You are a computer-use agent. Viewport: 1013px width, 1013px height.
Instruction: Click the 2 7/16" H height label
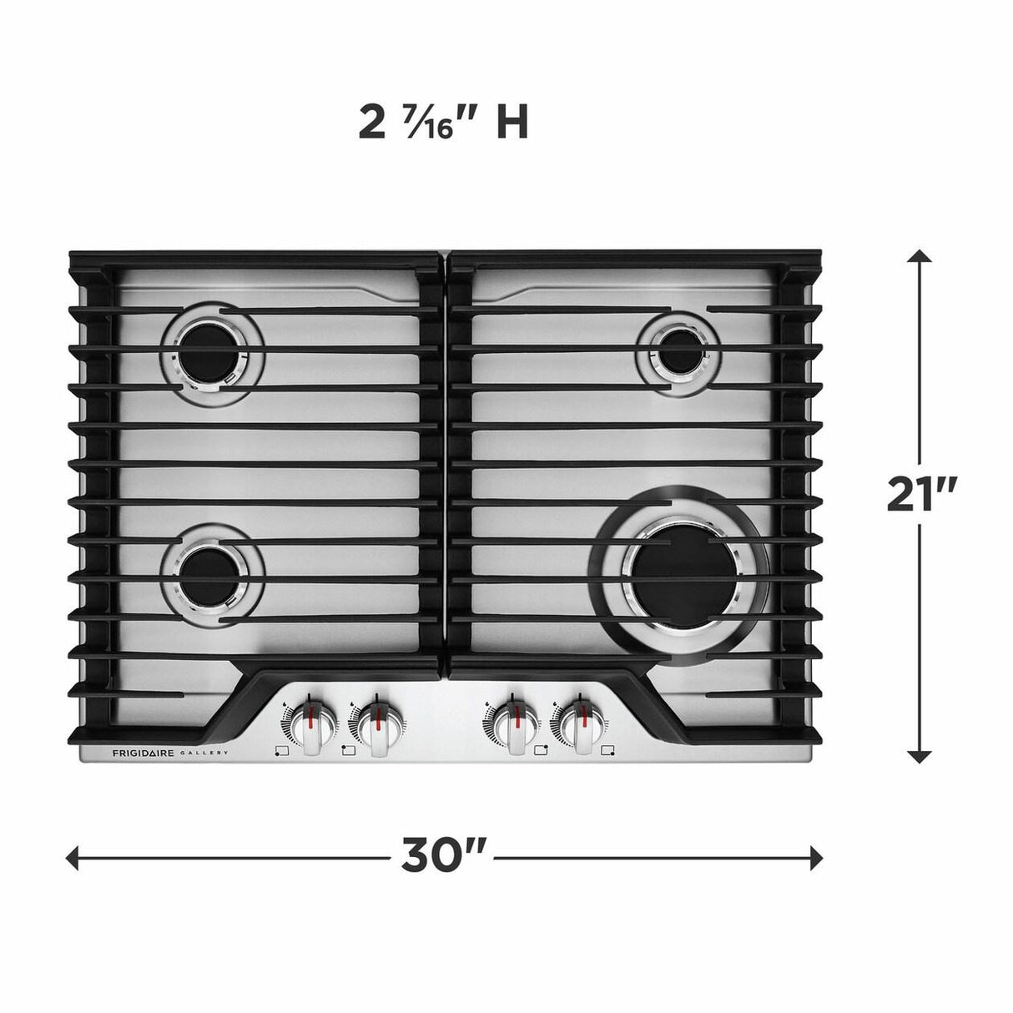(443, 123)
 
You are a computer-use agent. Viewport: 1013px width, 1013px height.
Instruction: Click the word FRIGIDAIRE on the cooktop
(143, 753)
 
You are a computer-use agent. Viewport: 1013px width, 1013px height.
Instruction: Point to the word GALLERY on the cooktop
(204, 753)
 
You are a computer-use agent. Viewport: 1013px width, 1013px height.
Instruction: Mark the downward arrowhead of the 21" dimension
(920, 756)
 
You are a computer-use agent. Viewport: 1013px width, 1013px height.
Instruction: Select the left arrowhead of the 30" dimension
(73, 857)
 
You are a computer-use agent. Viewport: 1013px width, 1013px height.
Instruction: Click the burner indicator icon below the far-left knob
(281, 751)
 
